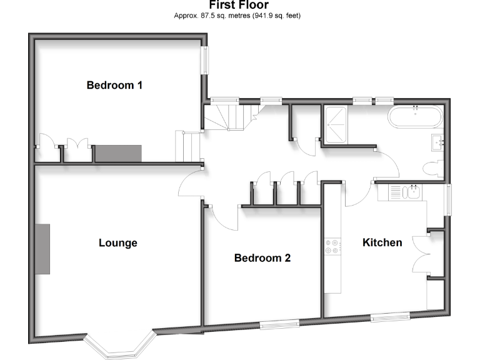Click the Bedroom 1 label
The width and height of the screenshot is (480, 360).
point(114,85)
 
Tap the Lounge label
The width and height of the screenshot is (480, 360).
point(117,242)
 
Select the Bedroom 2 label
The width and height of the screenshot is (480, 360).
point(262,257)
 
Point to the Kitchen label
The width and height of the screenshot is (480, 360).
point(382,242)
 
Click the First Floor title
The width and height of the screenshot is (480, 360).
point(239,5)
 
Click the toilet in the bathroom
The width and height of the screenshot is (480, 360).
point(431,168)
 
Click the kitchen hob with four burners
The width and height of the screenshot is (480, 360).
point(332,247)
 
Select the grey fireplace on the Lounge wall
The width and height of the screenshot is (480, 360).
point(42,248)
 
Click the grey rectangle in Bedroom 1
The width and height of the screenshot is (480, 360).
point(118,153)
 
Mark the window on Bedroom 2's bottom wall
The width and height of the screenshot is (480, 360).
point(279,323)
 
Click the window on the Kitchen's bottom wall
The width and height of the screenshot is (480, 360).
point(390,316)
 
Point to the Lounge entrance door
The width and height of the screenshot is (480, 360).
point(189,183)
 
